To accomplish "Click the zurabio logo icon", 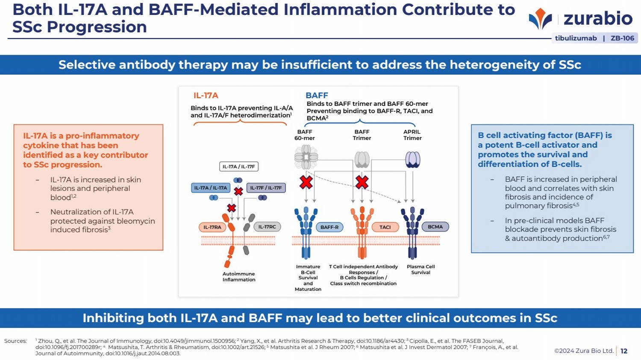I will tap(540, 19).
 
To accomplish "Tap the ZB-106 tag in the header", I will tap(622, 38).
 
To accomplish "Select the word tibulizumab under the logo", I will tap(576, 38).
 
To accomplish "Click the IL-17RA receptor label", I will tap(212, 227).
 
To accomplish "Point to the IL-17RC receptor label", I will tap(267, 227).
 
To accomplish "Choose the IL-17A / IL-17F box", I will tap(239, 167).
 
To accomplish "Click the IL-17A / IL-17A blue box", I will tap(211, 188).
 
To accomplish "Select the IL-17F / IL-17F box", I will tap(266, 188).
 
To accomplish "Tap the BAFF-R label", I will tap(329, 227).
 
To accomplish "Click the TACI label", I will tap(385, 227).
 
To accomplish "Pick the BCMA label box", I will tap(435, 227).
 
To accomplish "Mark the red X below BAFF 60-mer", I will tap(306, 182).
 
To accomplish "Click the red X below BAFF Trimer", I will tap(362, 182).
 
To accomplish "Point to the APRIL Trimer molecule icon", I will tap(412, 159).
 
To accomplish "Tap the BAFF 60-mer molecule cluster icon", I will tap(306, 157).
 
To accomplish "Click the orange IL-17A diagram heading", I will tap(206, 95).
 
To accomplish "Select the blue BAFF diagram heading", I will tap(317, 95).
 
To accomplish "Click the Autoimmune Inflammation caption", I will tap(239, 277).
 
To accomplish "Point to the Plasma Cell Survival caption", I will tap(420, 269).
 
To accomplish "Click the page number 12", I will tap(624, 351).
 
